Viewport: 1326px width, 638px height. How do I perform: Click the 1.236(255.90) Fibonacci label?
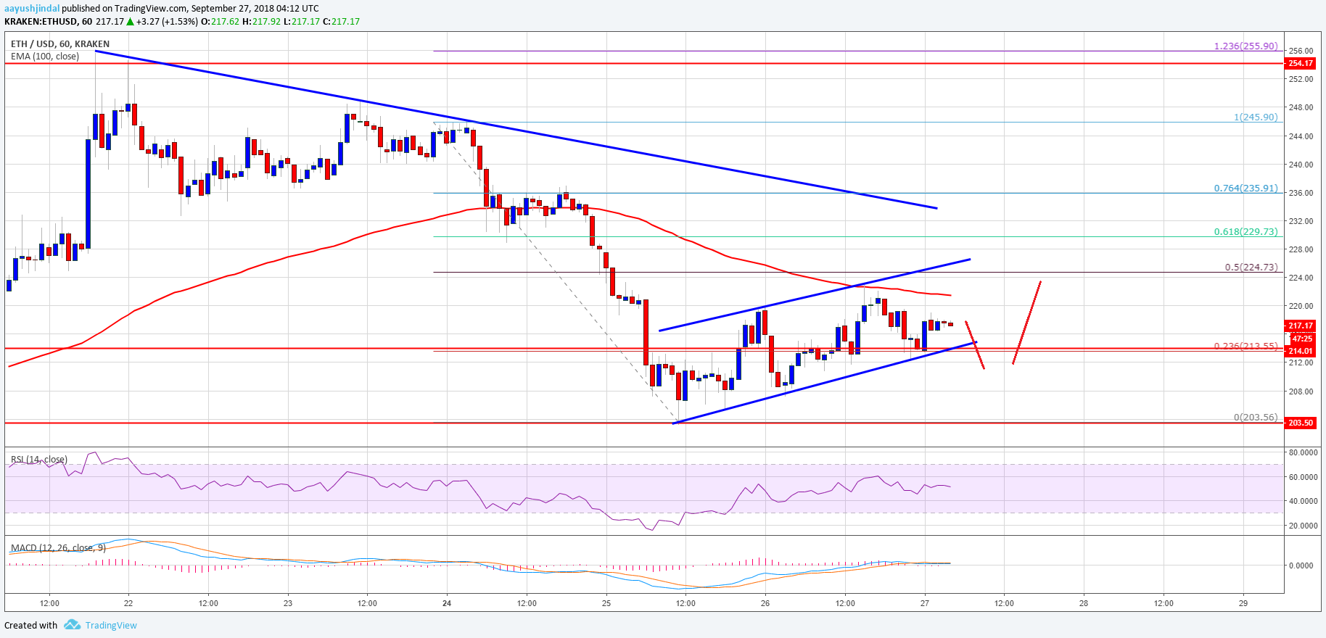(1245, 46)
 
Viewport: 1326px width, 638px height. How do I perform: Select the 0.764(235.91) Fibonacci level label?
(1245, 188)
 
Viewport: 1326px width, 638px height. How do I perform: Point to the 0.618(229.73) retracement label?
(1245, 232)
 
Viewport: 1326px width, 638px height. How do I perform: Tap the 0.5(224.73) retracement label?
(1251, 268)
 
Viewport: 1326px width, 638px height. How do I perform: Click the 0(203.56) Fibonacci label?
(1255, 418)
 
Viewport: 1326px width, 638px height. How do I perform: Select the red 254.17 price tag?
(1300, 64)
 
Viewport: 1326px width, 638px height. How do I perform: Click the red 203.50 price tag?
(1300, 423)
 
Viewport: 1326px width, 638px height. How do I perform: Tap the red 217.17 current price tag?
(1300, 326)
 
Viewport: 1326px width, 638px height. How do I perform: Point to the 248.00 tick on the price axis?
(1301, 108)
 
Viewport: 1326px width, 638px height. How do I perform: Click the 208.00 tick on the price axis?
(1301, 391)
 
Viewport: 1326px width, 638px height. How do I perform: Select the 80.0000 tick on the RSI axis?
(1302, 452)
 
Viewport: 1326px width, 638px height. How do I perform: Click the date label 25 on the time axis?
(606, 603)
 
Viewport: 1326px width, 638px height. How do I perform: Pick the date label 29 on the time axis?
(1243, 603)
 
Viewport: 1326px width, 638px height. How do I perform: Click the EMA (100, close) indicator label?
(45, 57)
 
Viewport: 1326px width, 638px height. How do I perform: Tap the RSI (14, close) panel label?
(39, 460)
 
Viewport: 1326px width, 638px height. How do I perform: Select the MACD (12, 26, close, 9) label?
(58, 548)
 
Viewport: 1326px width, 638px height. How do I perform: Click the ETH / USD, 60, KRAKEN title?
(60, 44)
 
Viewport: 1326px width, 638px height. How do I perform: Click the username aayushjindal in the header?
(32, 9)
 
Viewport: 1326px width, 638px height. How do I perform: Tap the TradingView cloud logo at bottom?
(72, 625)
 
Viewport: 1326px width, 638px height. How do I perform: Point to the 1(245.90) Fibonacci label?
(1255, 117)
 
